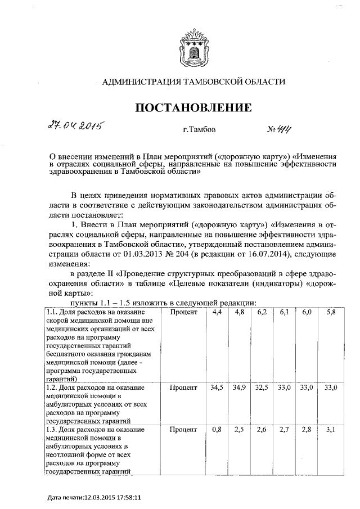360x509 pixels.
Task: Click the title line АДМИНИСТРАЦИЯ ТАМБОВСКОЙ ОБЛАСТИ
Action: click(x=193, y=82)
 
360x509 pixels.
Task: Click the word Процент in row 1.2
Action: click(x=183, y=388)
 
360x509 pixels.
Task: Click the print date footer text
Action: click(x=94, y=497)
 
